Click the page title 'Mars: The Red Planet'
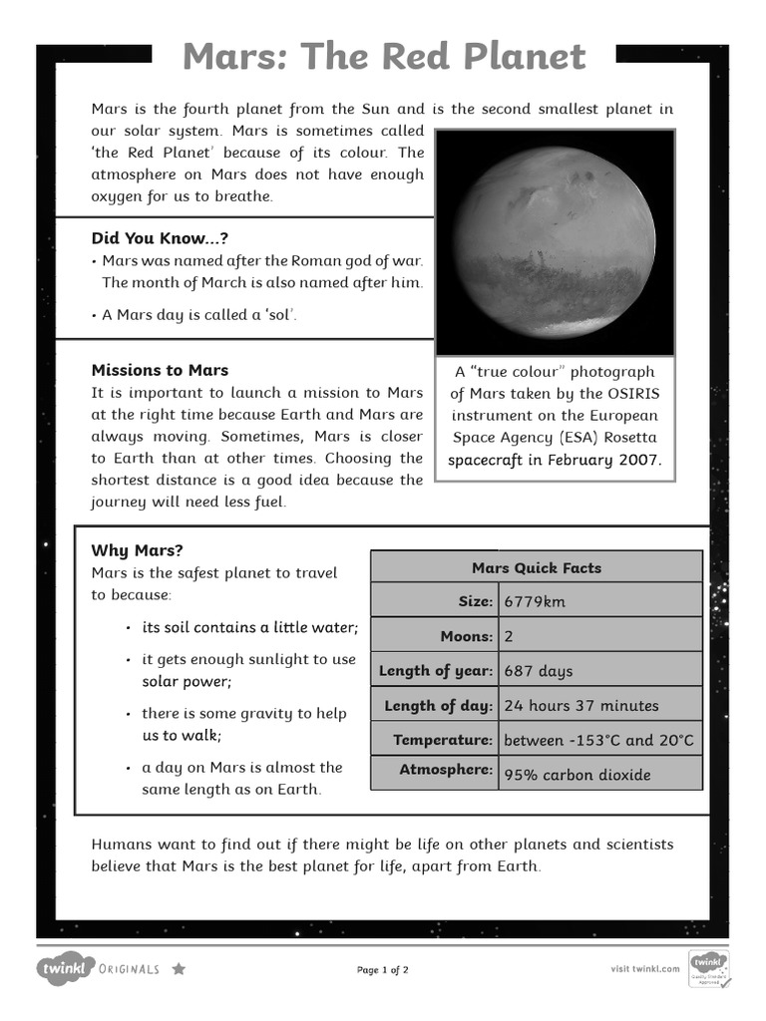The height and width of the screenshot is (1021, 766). pyautogui.click(x=384, y=58)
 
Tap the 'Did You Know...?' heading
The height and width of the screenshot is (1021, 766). pyautogui.click(x=153, y=238)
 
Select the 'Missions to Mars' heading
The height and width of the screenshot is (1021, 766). pyautogui.click(x=160, y=370)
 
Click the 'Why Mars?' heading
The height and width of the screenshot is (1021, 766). pyautogui.click(x=138, y=550)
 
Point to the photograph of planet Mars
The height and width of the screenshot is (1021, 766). pyautogui.click(x=555, y=242)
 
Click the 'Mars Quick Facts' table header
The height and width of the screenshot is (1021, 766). pyautogui.click(x=536, y=567)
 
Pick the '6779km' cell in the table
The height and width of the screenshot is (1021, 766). pyautogui.click(x=535, y=601)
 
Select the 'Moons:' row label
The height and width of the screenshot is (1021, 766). pyautogui.click(x=466, y=636)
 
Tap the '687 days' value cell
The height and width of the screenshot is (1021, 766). pyautogui.click(x=539, y=671)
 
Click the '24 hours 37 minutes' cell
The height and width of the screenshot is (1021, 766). pyautogui.click(x=581, y=706)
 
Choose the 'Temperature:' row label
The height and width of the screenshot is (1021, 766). pyautogui.click(x=443, y=740)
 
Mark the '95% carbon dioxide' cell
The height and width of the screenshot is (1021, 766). pyautogui.click(x=576, y=775)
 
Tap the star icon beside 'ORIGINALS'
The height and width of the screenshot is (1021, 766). pyautogui.click(x=179, y=968)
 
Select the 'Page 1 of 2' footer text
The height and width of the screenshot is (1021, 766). pyautogui.click(x=383, y=969)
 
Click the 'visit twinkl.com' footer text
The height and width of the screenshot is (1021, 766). pyautogui.click(x=644, y=968)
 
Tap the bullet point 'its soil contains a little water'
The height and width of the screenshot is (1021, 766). pyautogui.click(x=249, y=627)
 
